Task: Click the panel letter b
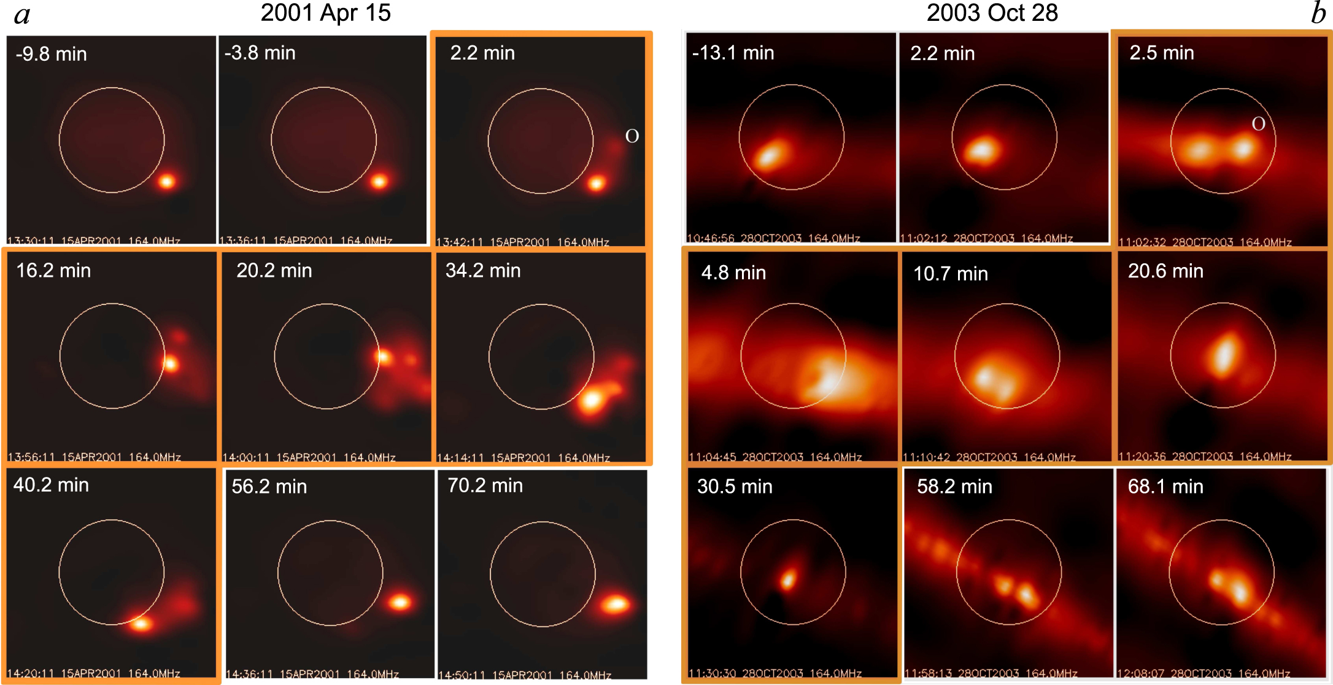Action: point(1318,14)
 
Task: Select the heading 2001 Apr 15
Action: point(325,13)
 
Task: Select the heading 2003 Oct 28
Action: point(992,13)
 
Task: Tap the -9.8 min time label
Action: point(51,54)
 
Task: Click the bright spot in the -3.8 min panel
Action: point(379,180)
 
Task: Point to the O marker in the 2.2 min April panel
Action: point(632,136)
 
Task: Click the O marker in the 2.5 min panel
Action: point(1258,124)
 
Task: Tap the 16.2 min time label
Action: point(53,271)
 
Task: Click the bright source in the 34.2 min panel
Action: point(591,400)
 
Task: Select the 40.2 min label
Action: point(51,486)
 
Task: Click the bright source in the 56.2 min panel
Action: point(400,602)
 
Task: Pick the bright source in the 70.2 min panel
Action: point(614,605)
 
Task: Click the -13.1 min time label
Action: point(733,53)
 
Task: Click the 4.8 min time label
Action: point(733,273)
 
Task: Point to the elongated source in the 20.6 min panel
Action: point(1223,355)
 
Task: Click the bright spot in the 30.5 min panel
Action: point(788,578)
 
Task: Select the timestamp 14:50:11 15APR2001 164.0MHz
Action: point(525,675)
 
